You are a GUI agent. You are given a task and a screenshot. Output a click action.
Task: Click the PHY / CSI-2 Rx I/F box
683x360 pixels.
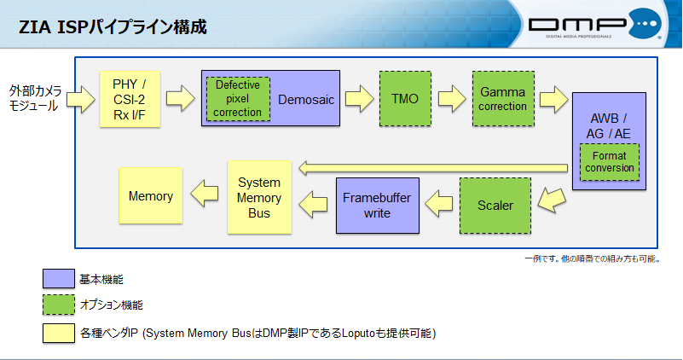click(130, 99)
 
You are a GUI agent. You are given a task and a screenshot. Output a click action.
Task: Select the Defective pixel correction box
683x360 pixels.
click(238, 99)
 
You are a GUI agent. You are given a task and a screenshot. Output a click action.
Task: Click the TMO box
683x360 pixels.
click(404, 98)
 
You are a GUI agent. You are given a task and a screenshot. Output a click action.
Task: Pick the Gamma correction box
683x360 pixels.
click(502, 98)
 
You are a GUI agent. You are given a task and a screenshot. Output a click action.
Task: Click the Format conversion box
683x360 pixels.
click(609, 162)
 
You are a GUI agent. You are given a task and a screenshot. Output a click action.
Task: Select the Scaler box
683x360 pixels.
click(495, 206)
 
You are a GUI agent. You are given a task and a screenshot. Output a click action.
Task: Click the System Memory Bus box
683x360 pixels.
click(259, 196)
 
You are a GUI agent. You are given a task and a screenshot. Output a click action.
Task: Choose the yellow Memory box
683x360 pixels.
click(150, 196)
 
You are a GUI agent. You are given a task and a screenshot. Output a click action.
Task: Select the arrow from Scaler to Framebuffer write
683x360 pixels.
click(439, 202)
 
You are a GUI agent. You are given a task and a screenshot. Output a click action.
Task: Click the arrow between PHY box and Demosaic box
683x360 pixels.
click(181, 97)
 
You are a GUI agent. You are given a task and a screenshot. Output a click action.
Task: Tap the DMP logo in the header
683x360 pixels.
click(594, 26)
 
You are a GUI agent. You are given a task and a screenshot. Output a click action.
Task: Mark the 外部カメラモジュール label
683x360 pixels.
click(35, 98)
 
